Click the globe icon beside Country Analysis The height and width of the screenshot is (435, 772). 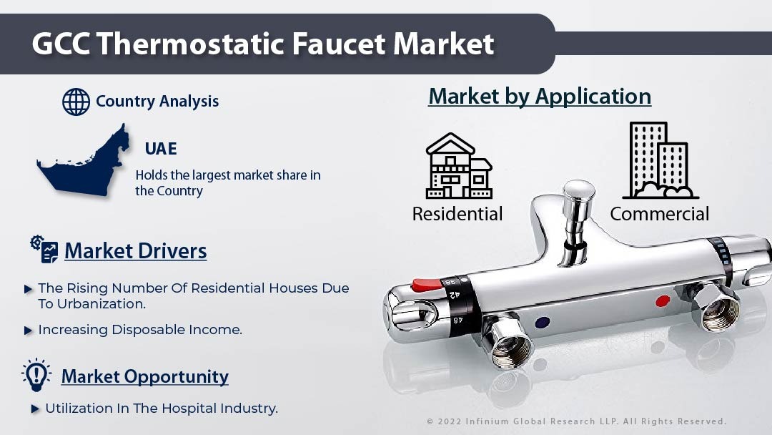click(76, 102)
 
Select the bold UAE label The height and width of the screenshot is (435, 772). click(161, 149)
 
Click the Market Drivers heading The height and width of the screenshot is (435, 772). click(135, 250)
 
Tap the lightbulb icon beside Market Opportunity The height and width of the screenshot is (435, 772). click(36, 375)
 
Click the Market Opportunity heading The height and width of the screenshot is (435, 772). click(144, 377)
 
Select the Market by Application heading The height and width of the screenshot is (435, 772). click(540, 96)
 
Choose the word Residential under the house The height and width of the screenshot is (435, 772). click(457, 215)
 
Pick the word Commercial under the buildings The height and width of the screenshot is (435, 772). click(660, 215)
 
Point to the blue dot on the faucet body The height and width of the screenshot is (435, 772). click(542, 323)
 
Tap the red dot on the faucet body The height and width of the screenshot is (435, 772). click(663, 300)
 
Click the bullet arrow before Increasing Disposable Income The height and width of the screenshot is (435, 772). click(28, 331)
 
